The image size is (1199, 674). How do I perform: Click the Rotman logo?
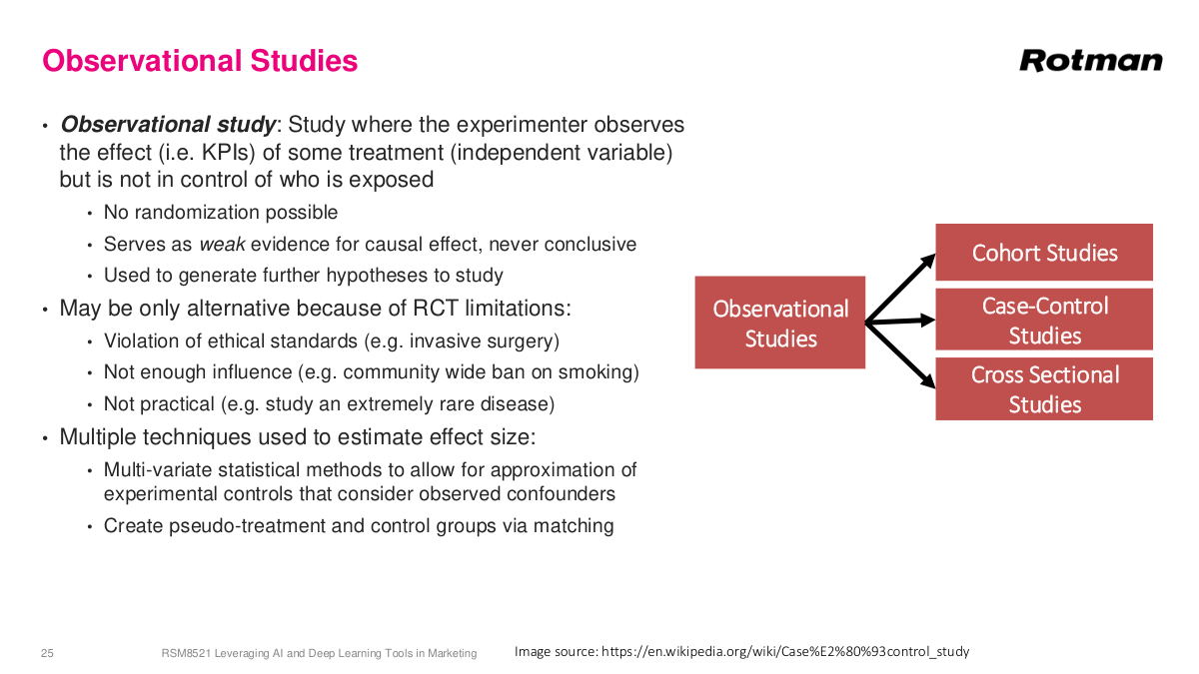point(1090,61)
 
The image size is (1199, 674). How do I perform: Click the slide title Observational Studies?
point(200,61)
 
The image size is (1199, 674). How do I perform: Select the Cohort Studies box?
point(1044,253)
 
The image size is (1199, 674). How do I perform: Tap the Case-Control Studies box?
point(1044,320)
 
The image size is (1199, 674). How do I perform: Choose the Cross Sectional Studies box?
point(1044,388)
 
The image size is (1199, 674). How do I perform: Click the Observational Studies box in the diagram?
point(780,323)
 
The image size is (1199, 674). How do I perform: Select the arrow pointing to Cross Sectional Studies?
point(901,353)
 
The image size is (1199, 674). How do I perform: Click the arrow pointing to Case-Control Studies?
point(901,322)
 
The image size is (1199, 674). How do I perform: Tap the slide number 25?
point(47,653)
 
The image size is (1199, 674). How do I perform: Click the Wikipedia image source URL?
point(784,651)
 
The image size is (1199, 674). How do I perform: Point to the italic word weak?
point(222,244)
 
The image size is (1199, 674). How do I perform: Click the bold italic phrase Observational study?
point(168,125)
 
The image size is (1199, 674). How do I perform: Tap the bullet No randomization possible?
point(221,213)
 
